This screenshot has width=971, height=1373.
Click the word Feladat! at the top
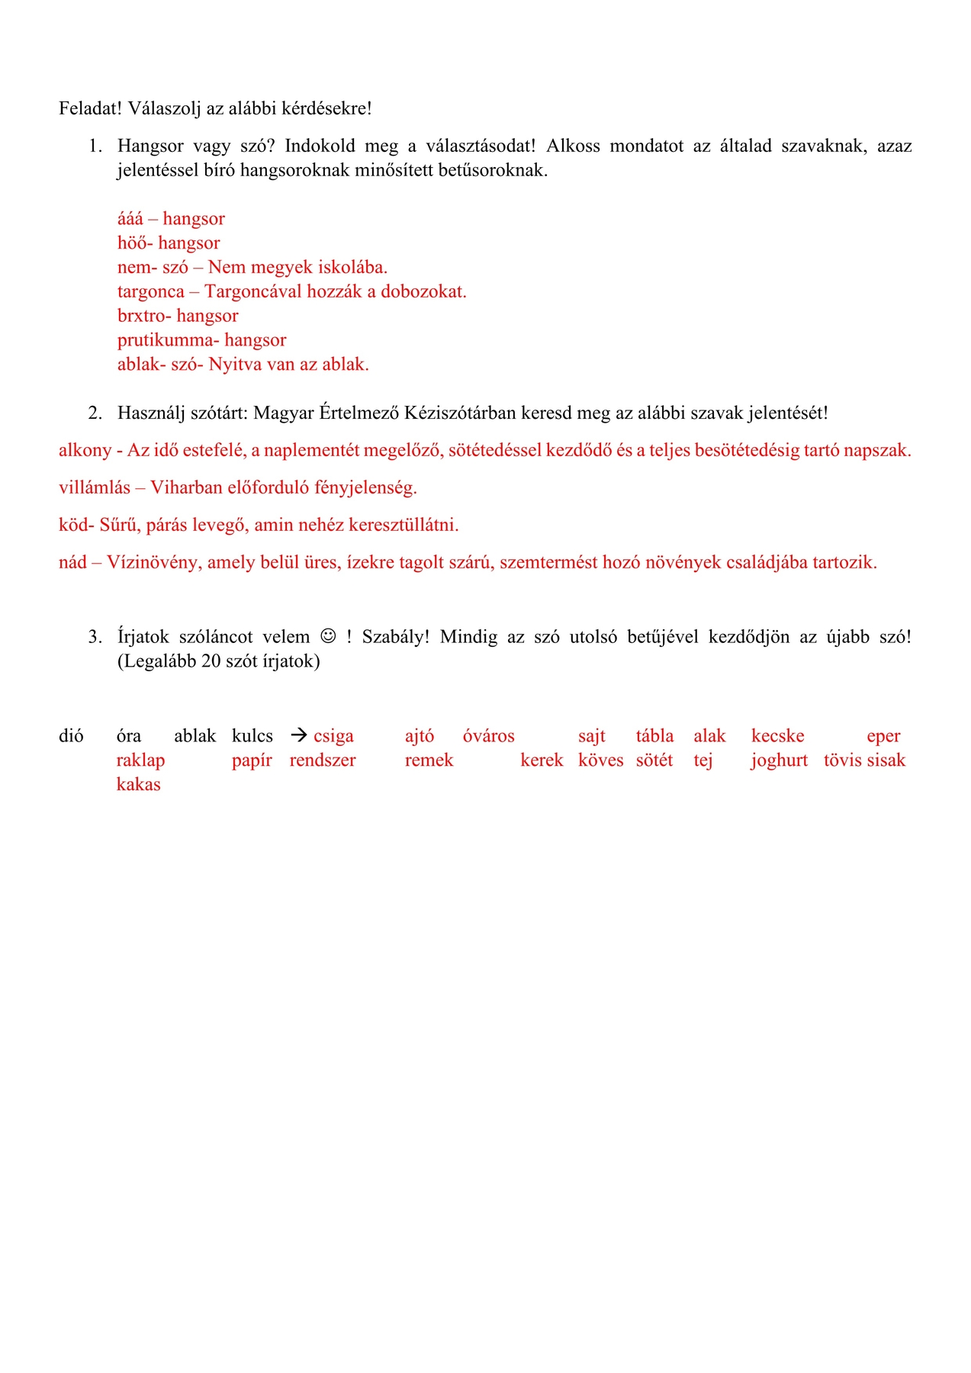pos(90,108)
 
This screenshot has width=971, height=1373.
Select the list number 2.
pos(95,413)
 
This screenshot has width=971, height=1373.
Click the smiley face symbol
pos(328,636)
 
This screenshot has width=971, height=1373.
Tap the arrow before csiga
pos(299,735)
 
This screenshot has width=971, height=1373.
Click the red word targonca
pos(151,292)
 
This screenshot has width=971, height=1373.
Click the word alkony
pos(85,451)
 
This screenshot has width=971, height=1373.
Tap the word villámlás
pos(95,488)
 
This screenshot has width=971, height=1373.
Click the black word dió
pos(71,736)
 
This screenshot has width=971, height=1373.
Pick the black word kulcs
pos(252,736)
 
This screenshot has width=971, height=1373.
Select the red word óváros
pos(488,736)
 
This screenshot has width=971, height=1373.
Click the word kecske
pos(777,736)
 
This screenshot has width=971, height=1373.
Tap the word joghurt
pos(779,760)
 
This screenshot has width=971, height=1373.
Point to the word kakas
pos(138,785)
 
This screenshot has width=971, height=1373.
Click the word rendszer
pos(323,760)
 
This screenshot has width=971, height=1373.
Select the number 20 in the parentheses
pos(211,661)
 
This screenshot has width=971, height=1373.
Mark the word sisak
pos(886,760)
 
